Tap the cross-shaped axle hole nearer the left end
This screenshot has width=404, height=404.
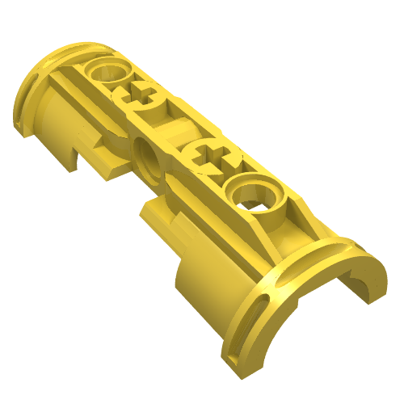(x=146, y=97)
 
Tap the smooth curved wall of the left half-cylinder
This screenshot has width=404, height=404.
(x=50, y=121)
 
